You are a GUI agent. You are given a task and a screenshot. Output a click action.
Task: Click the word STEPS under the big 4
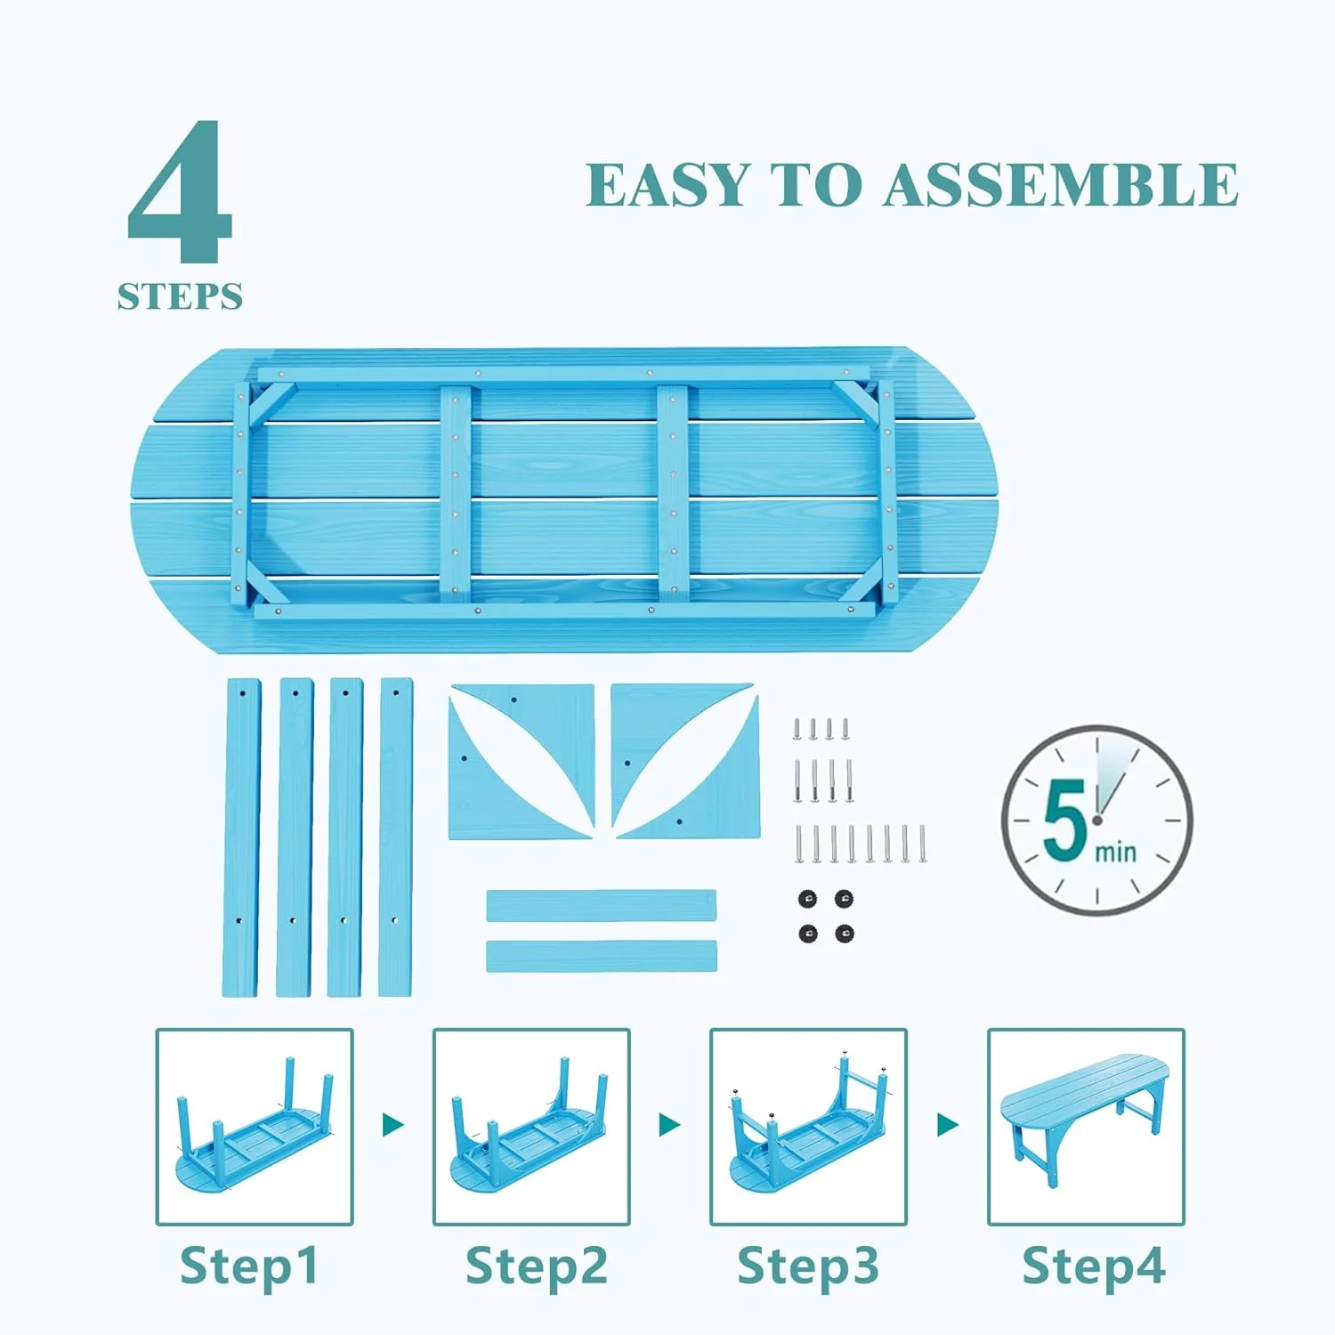pyautogui.click(x=180, y=296)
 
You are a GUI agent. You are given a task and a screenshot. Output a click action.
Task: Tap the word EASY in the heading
pyautogui.click(x=667, y=185)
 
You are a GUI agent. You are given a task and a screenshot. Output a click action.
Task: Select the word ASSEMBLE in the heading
pyautogui.click(x=1061, y=185)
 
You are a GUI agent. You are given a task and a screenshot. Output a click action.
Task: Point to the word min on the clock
pyautogui.click(x=1115, y=852)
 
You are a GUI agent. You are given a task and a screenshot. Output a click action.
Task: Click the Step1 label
pyautogui.click(x=249, y=1266)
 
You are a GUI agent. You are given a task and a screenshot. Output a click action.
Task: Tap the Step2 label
pyautogui.click(x=537, y=1266)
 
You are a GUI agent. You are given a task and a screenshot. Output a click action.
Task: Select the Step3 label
pyautogui.click(x=808, y=1266)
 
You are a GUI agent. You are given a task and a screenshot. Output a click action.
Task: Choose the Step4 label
pyautogui.click(x=1094, y=1266)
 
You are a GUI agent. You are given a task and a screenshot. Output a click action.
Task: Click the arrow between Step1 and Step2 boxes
pyautogui.click(x=393, y=1125)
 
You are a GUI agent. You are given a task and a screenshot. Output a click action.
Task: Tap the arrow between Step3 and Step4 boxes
pyautogui.click(x=948, y=1125)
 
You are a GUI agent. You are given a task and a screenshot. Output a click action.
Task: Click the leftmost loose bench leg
pyautogui.click(x=241, y=837)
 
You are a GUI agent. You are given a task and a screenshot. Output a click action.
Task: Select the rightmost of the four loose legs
pyautogui.click(x=396, y=837)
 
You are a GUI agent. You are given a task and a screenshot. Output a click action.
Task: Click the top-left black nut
pyautogui.click(x=808, y=898)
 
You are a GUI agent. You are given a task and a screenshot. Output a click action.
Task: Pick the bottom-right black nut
pyautogui.click(x=845, y=934)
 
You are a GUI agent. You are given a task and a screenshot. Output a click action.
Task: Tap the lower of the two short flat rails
pyautogui.click(x=602, y=956)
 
